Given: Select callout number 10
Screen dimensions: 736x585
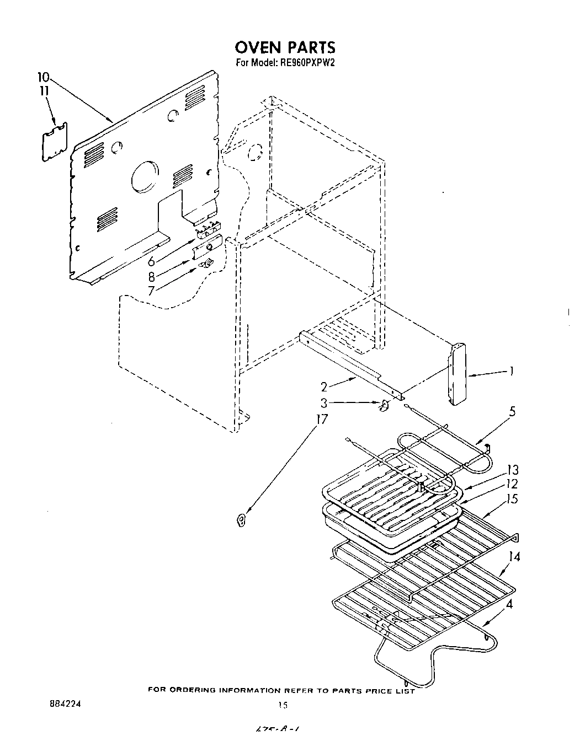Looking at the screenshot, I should tap(43, 77).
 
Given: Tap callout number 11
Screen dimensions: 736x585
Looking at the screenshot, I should tap(44, 90).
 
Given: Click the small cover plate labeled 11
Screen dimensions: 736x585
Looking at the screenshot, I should tap(55, 142).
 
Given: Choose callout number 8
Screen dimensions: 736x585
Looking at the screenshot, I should tap(151, 277).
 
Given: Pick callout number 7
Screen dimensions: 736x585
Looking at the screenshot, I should tap(151, 291).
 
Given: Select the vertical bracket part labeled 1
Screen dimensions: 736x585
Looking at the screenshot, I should tap(458, 375).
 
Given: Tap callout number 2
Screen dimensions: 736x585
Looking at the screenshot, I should tap(325, 387).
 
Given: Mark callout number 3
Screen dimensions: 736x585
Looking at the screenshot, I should tap(325, 403).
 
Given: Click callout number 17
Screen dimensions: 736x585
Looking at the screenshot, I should tap(321, 420).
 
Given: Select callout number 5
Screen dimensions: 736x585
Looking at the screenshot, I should tap(512, 411).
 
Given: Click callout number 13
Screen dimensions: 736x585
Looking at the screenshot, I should tap(513, 470).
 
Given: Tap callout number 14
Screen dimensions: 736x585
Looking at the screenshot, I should tap(514, 557).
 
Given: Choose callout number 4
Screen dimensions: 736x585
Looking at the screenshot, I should tap(509, 604).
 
